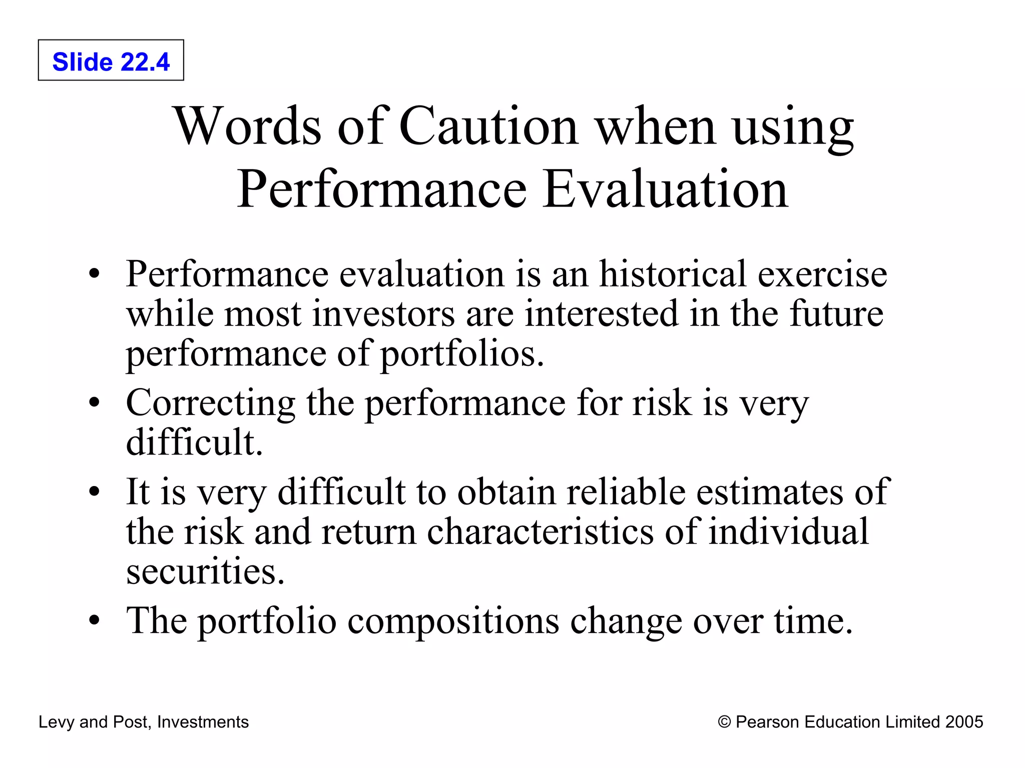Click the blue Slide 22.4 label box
(x=111, y=60)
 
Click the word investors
(x=384, y=314)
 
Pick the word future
(x=836, y=314)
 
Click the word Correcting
(x=211, y=403)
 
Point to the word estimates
(x=770, y=492)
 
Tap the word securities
(x=205, y=571)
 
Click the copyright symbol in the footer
(x=724, y=722)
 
